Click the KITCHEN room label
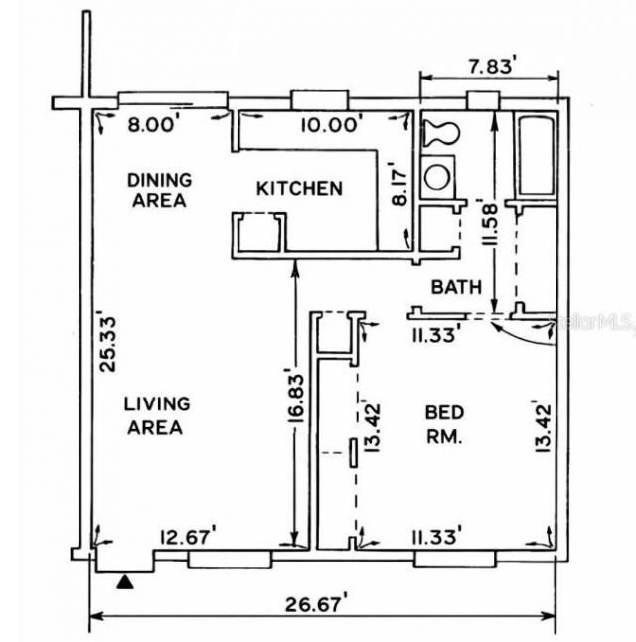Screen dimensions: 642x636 click(299, 188)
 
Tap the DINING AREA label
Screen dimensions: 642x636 click(158, 190)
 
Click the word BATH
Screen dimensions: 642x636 click(456, 287)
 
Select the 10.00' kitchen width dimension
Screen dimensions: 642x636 click(332, 122)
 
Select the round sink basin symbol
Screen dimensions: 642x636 click(437, 176)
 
